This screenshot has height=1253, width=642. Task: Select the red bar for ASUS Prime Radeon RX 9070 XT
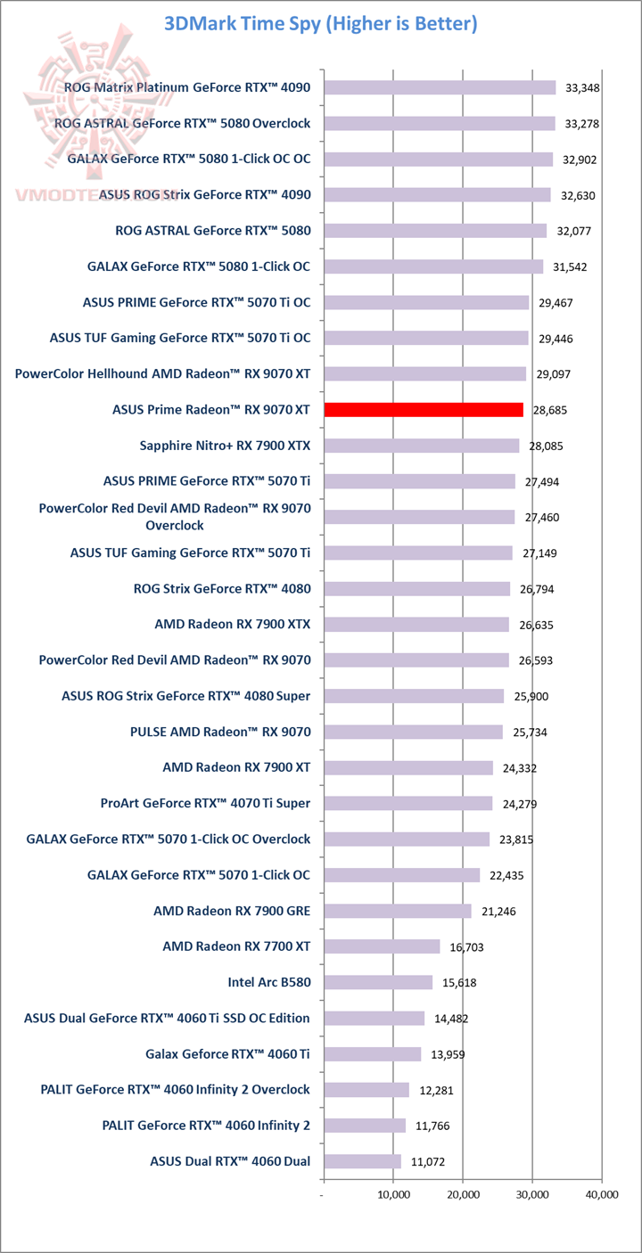point(424,410)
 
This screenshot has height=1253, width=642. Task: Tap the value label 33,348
point(583,87)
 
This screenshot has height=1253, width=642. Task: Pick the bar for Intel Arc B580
point(378,982)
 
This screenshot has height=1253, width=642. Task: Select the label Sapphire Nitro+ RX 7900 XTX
point(225,446)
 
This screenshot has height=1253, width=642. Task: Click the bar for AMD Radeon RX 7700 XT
point(382,946)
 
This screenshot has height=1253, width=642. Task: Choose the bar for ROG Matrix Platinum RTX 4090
point(440,87)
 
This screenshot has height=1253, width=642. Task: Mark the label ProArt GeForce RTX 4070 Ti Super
point(206,803)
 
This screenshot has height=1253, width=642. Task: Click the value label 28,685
point(550,411)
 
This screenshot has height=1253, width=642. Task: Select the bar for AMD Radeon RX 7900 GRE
point(398,911)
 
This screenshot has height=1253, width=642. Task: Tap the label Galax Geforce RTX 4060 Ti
point(227,1053)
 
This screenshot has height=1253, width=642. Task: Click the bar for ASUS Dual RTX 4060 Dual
point(362,1161)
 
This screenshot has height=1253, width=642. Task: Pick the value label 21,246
point(498,912)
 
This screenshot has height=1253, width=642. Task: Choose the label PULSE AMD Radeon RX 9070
point(220,732)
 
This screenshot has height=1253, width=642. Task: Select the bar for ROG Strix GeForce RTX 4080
point(416,589)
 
